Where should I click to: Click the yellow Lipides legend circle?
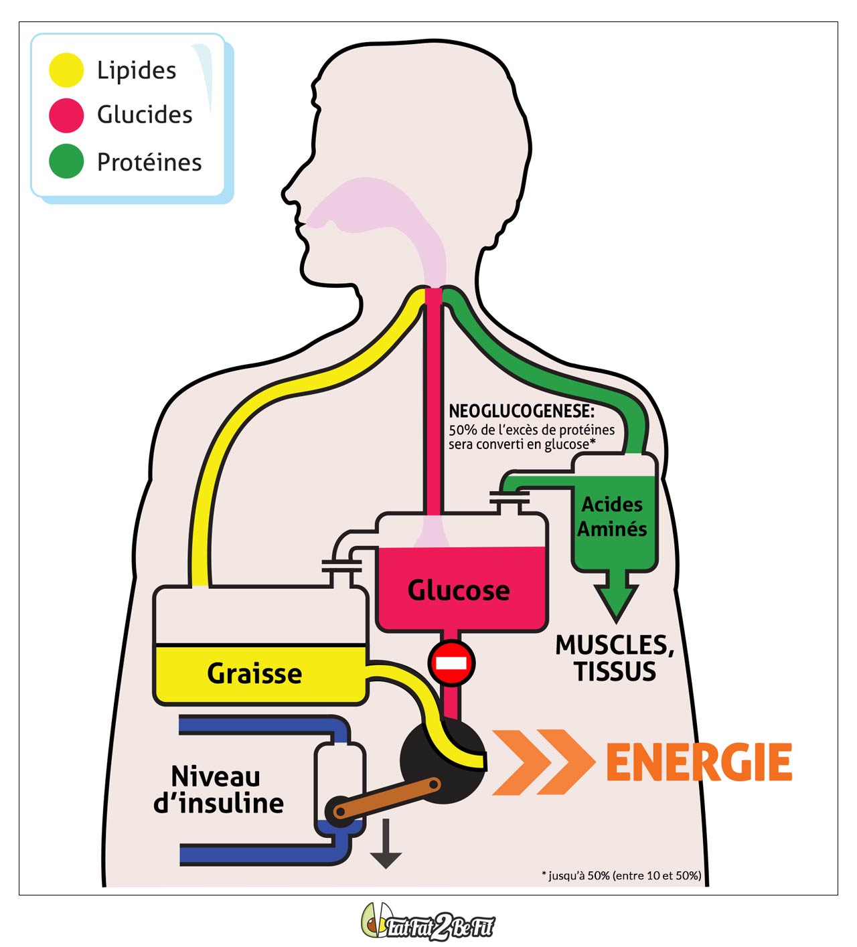point(66,70)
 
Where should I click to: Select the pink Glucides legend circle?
point(66,115)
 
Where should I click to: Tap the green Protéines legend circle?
point(66,161)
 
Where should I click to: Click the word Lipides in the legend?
point(137,70)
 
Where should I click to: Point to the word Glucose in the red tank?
point(459,590)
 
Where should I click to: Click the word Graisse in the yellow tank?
point(254,673)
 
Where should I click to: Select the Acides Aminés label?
point(612,517)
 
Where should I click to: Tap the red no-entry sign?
point(452,663)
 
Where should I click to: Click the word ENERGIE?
point(699,762)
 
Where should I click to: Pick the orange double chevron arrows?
point(542,762)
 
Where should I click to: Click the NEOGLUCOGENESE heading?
point(522,411)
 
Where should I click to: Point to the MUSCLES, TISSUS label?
point(615,658)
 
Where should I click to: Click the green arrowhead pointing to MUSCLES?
point(616,600)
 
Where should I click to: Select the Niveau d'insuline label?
point(218,790)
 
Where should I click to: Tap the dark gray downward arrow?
point(386,845)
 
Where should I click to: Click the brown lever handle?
point(387,798)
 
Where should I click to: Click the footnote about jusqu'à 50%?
point(621,875)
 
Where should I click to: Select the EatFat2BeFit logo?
point(428,924)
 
